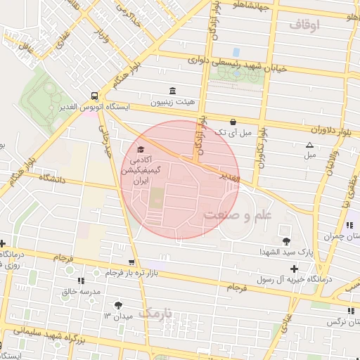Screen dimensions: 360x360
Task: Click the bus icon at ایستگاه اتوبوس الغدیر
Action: coord(94,96)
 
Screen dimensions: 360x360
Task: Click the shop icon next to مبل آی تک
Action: coord(233,121)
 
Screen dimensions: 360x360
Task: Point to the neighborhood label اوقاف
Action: coord(304,25)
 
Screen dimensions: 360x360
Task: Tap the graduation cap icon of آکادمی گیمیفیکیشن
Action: coord(139,150)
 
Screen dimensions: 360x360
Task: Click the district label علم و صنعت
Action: coord(237,214)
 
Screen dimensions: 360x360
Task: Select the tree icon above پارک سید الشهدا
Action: coord(285,232)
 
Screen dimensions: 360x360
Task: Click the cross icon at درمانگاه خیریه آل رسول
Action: coord(293,268)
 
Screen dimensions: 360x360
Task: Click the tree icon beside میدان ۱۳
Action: coord(117,305)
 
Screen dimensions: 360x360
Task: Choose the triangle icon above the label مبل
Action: coord(309,146)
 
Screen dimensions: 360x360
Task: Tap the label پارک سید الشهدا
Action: coord(260,251)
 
